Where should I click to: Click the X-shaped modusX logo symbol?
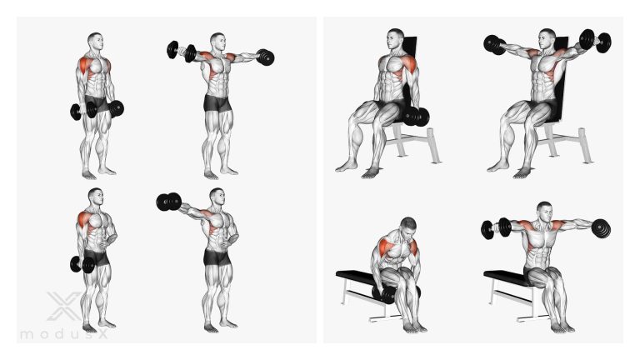tap(64, 306)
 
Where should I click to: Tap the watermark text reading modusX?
tap(64, 335)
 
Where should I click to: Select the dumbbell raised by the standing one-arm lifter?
tap(168, 202)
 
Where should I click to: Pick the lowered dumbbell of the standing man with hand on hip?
tap(82, 264)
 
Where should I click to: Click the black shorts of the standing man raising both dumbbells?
tap(217, 102)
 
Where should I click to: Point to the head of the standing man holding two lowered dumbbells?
tap(95, 42)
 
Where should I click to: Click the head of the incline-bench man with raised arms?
tap(547, 39)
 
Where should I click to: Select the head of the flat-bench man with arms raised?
tap(544, 212)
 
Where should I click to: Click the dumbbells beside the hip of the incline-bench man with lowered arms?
tap(416, 117)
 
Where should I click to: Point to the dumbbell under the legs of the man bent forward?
tap(386, 294)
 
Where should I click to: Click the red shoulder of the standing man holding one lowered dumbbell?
tap(84, 219)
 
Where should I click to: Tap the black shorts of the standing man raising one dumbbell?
tap(217, 257)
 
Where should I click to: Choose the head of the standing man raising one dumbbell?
tap(217, 197)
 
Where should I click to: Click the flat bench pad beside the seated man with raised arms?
tap(504, 277)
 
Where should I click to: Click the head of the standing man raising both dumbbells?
tap(218, 42)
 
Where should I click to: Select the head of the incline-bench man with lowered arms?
tap(395, 39)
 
